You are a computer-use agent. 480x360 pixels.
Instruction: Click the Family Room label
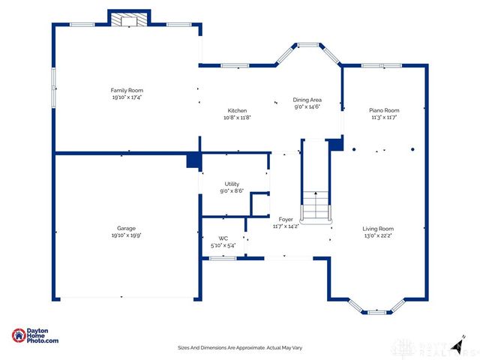tap(127, 90)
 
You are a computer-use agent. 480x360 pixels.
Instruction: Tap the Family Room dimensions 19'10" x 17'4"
tap(127, 97)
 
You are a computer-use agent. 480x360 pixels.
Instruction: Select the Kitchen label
tap(237, 110)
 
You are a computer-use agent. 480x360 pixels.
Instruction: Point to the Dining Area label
tap(307, 100)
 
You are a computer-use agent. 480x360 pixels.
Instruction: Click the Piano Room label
tap(384, 109)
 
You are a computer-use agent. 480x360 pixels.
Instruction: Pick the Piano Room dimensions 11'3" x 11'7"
tap(384, 117)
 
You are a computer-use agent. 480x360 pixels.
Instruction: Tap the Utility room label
tap(232, 184)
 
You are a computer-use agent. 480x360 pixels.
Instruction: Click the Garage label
tap(126, 228)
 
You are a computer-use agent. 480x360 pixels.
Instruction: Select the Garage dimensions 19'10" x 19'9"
tap(126, 235)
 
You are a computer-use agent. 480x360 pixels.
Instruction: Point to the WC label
tap(223, 238)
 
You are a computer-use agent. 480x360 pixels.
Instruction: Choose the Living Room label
tap(378, 229)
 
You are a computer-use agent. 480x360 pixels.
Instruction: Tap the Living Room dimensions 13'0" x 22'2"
tap(378, 235)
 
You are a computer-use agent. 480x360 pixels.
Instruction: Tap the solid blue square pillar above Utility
tap(193, 160)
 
